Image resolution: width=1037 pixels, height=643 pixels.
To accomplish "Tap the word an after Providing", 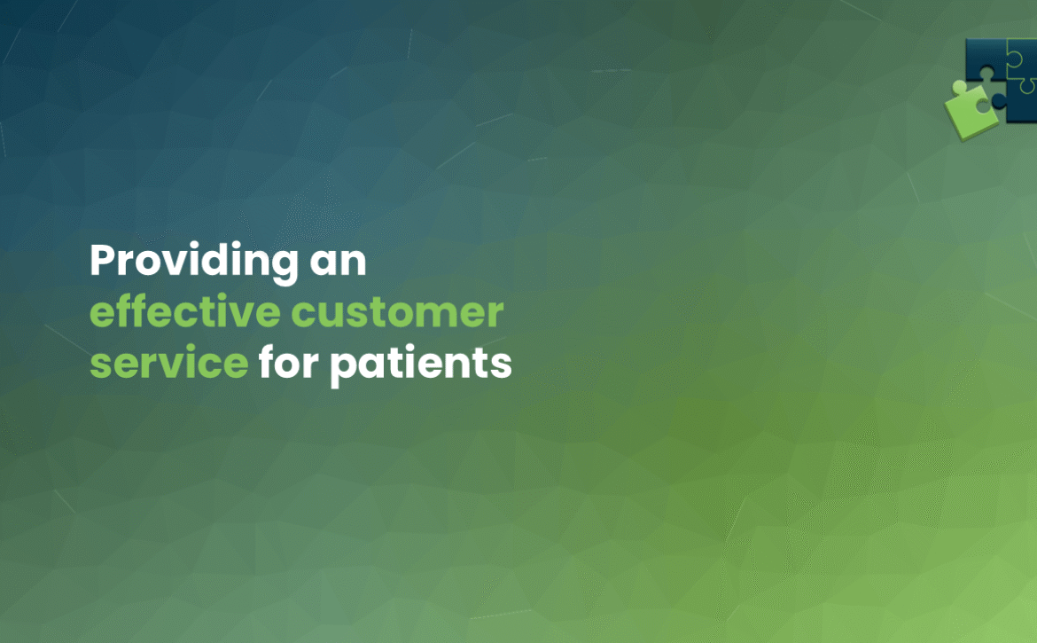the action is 338,262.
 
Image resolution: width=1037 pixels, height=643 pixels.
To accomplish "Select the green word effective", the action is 185,310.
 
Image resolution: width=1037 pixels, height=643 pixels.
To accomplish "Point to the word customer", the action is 397,312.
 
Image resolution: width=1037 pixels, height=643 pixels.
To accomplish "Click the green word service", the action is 168,363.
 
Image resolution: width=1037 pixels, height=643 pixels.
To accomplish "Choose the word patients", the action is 421,365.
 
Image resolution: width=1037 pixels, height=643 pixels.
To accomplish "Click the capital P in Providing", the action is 103,260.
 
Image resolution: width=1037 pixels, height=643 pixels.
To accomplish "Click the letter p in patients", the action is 343,369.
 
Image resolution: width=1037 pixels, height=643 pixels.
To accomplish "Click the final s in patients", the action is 502,365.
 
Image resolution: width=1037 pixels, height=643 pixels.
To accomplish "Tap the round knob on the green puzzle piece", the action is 960,87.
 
